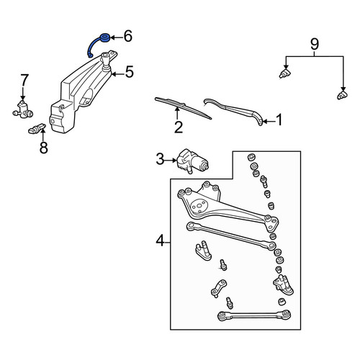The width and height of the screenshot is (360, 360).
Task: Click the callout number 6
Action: pos(128,36)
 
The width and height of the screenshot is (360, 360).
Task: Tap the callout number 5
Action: pos(129,72)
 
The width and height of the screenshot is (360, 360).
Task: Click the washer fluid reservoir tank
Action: pos(81,91)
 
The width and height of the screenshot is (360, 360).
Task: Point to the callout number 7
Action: pos(24,80)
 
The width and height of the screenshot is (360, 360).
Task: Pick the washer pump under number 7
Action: pos(23,110)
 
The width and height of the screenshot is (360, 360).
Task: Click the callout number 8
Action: pos(44,147)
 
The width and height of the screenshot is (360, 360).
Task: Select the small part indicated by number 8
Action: pos(37,129)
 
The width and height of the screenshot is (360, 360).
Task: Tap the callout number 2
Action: pos(179,127)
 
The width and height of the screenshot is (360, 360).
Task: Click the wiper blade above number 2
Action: pos(183,108)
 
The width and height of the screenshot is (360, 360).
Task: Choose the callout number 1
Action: pos(279,120)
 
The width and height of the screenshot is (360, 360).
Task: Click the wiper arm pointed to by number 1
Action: pos(234,111)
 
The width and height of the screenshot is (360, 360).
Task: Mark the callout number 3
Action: pos(160,159)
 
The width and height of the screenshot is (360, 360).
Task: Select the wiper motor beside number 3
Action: pos(192,161)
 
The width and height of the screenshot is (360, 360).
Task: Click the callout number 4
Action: pos(160,240)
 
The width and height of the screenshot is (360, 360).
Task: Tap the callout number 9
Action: pos(315,44)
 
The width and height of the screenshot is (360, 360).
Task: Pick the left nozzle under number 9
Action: pos(285,73)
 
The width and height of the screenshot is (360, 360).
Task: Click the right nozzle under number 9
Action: pos(343,95)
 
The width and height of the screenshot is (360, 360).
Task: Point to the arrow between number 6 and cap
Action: pos(117,37)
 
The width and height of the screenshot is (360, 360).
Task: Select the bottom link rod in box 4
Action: pos(254,315)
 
